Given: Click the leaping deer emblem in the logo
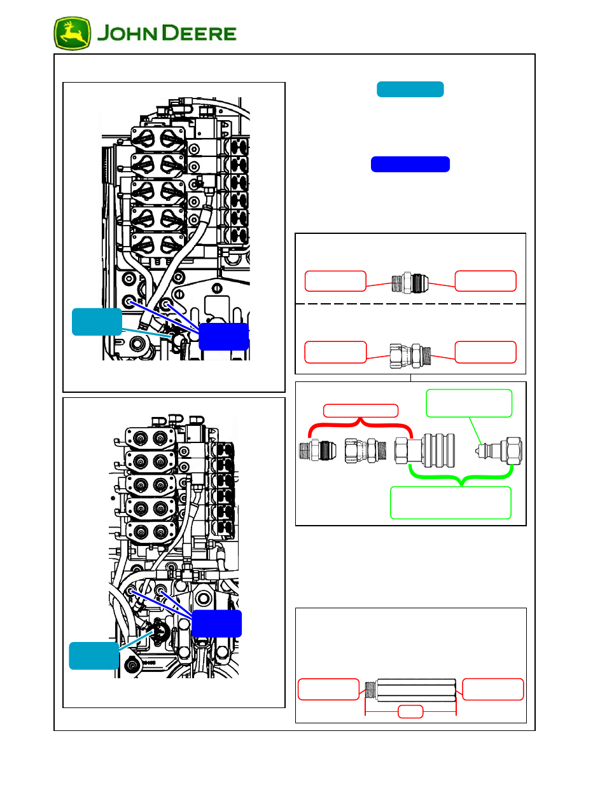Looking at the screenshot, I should pyautogui.click(x=72, y=34).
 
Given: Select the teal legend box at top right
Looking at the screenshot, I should pyautogui.click(x=410, y=89).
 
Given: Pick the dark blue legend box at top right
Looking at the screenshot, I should pyautogui.click(x=410, y=164).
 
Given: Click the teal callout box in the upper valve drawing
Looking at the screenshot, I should pyautogui.click(x=97, y=322).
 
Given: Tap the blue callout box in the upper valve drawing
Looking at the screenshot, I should pyautogui.click(x=223, y=336).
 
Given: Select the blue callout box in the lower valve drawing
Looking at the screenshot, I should pyautogui.click(x=216, y=624).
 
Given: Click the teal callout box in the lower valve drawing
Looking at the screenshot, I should pyautogui.click(x=94, y=655).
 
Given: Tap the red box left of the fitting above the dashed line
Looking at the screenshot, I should pyautogui.click(x=335, y=281).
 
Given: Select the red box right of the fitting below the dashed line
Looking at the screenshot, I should pyautogui.click(x=485, y=352).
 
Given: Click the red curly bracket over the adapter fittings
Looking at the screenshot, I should pyautogui.click(x=360, y=424).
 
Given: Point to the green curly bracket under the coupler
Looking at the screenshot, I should pyautogui.click(x=461, y=476).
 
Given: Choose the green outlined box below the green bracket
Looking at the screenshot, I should pyautogui.click(x=450, y=503).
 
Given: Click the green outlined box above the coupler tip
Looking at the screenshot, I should pyautogui.click(x=469, y=403).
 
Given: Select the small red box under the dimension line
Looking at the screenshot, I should pyautogui.click(x=410, y=712).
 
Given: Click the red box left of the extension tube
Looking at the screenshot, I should pyautogui.click(x=328, y=689).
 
